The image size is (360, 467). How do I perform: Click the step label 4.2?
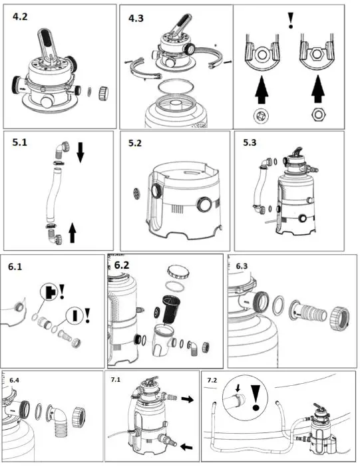pyautogui.click(x=20, y=17)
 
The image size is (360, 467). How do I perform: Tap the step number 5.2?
pyautogui.click(x=135, y=143)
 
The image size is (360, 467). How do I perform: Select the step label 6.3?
pyautogui.click(x=242, y=266)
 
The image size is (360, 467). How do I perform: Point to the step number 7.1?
pyautogui.click(x=115, y=380)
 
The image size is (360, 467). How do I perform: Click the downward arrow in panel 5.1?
pyautogui.click(x=80, y=152)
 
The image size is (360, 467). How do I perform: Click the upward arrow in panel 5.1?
pyautogui.click(x=72, y=233)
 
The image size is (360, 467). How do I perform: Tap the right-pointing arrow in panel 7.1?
pyautogui.click(x=188, y=399)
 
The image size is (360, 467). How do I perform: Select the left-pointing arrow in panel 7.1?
pyautogui.click(x=187, y=446)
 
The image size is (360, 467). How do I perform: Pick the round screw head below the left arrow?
pyautogui.click(x=262, y=116)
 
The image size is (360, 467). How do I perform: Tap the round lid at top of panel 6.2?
pyautogui.click(x=178, y=271)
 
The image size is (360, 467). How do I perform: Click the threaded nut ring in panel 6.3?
pyautogui.click(x=339, y=319)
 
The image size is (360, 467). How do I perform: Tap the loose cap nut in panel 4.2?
pyautogui.click(x=103, y=93)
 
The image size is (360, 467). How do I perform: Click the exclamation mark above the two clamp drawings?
pyautogui.click(x=291, y=21)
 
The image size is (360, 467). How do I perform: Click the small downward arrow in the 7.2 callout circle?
pyautogui.click(x=238, y=388)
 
